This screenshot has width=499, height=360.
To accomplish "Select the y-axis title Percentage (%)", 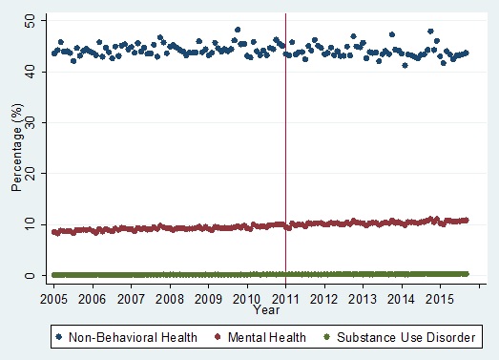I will [16, 148].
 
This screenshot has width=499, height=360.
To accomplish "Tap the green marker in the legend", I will [329, 336].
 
